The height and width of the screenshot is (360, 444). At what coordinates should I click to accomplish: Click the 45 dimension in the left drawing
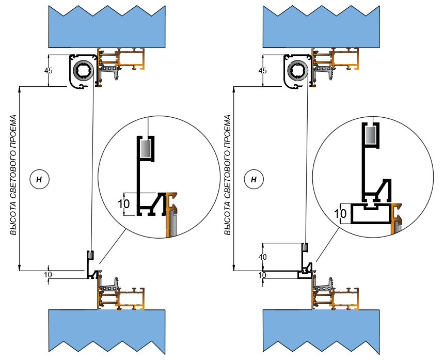tap(49, 71)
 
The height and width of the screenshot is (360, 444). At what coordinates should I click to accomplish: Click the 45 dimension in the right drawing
tap(262, 71)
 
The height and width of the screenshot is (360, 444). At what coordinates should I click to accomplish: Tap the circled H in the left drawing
tap(39, 179)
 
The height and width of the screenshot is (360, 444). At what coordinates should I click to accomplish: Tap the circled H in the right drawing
tap(253, 179)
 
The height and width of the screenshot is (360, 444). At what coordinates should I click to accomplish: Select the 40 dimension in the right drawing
tap(263, 257)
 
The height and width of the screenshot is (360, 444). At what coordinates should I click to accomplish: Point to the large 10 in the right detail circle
tap(340, 213)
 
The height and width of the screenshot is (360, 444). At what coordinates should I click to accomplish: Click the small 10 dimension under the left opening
tap(48, 275)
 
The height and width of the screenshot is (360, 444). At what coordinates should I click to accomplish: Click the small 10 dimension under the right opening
tap(262, 275)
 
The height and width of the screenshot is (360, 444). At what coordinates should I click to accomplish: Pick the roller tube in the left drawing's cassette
tap(83, 69)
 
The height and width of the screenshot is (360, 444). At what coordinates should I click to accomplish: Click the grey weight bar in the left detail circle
tap(145, 149)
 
